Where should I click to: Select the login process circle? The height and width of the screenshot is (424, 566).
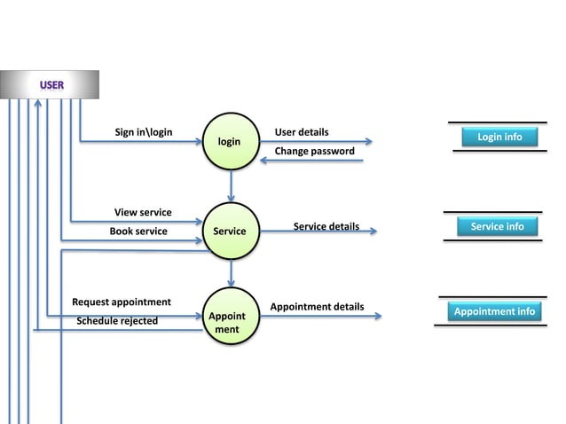[230, 141]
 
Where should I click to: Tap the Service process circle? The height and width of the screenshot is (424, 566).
[230, 231]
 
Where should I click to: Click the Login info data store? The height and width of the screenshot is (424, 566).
[499, 137]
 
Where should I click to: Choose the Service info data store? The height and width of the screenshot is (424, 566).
[497, 226]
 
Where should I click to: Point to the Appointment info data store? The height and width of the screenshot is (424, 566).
[494, 311]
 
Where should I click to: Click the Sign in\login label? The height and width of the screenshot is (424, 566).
[144, 132]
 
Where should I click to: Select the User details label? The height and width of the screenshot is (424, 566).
[302, 132]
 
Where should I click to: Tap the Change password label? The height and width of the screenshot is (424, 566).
[314, 151]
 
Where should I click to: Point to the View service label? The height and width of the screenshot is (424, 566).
[143, 212]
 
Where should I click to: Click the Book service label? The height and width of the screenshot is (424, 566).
[138, 231]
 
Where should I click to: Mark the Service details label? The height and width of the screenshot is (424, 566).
[326, 226]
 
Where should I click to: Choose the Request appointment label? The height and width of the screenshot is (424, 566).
[122, 302]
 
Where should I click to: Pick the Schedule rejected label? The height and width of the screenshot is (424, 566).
[117, 320]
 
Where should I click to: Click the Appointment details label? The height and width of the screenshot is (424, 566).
[317, 306]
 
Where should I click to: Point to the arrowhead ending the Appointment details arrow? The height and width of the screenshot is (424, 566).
[379, 316]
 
